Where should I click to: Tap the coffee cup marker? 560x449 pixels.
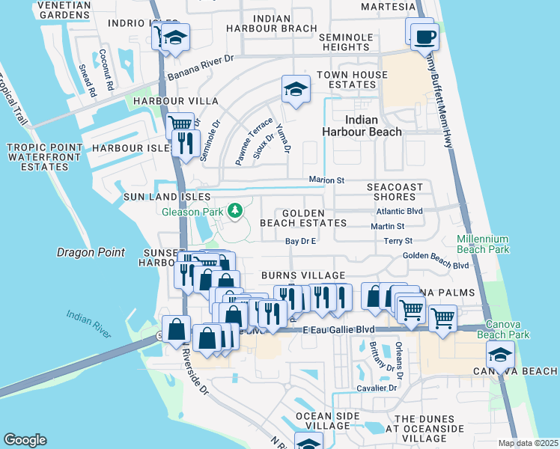(x=424, y=35)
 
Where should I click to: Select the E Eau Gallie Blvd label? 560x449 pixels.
(x=338, y=329)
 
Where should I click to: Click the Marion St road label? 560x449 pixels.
(x=326, y=180)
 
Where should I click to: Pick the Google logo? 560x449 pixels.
(x=25, y=440)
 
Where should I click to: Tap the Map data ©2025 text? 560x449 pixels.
(x=528, y=443)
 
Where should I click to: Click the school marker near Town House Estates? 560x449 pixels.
(x=296, y=90)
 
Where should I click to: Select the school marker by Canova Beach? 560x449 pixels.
(x=500, y=354)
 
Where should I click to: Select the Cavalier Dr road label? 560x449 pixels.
(x=377, y=388)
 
